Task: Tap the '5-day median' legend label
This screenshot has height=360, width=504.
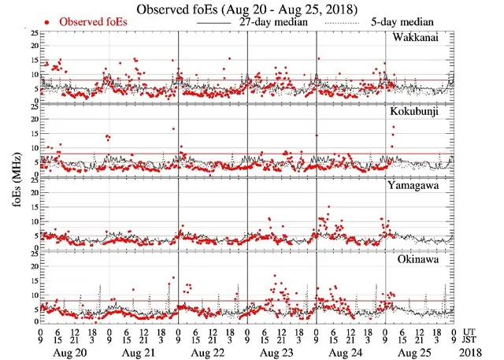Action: click(x=398, y=24)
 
